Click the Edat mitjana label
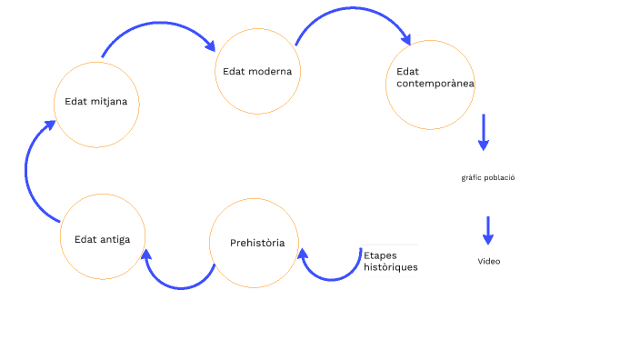95,101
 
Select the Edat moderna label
257,71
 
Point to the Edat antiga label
102,239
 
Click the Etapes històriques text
390,262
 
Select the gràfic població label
488,178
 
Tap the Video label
489,262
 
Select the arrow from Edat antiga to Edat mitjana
31,173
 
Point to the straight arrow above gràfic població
484,131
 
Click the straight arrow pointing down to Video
488,230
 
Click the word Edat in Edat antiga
85,239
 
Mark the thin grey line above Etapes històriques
390,245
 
